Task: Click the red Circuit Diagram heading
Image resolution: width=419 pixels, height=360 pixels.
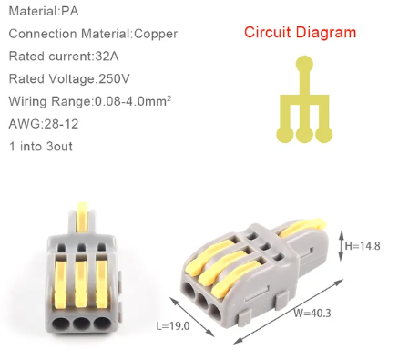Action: [x=300, y=33]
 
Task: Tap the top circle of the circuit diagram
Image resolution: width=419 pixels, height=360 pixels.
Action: [x=304, y=64]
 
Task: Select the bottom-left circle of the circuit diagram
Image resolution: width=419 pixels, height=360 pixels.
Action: [x=285, y=134]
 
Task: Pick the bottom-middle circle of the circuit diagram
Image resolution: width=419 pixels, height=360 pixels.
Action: [x=304, y=134]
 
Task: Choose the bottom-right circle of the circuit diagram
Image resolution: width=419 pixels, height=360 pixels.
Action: [x=324, y=134]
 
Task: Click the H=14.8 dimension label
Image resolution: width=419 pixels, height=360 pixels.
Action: [x=363, y=246]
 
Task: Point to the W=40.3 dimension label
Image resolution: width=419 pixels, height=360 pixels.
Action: [x=312, y=313]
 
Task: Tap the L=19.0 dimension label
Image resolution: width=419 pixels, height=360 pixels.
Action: [x=173, y=326]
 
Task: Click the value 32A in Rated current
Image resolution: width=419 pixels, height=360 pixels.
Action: [x=107, y=57]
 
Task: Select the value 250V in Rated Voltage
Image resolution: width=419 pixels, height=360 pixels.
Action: [x=114, y=78]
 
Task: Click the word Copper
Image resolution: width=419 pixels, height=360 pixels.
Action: [x=156, y=34]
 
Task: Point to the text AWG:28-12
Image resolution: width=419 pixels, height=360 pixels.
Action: [x=44, y=124]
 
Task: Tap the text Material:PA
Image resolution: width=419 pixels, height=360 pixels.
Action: [x=44, y=11]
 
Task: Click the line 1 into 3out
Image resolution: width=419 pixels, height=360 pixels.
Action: [x=41, y=147]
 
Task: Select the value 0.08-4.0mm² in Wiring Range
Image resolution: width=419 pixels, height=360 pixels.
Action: [x=133, y=100]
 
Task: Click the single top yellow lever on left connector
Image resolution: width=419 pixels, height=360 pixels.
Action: [x=82, y=217]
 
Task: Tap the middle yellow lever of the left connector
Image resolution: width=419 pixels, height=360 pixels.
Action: [x=81, y=284]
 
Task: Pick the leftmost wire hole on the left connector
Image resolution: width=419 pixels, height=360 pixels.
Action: [x=60, y=323]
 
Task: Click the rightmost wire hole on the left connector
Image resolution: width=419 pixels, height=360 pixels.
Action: [x=101, y=323]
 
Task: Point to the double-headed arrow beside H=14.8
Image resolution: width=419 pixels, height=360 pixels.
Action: [x=341, y=246]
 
